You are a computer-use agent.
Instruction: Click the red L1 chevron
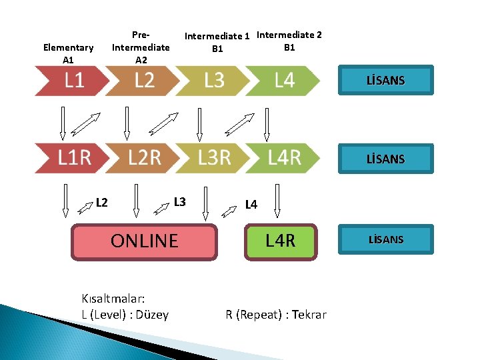click(x=72, y=81)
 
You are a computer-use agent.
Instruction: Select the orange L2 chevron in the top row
click(x=143, y=81)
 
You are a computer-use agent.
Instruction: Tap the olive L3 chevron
click(x=213, y=81)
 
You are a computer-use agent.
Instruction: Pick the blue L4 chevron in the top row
click(x=284, y=81)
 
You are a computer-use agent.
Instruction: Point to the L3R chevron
click(x=214, y=158)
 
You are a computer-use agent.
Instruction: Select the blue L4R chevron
click(x=284, y=158)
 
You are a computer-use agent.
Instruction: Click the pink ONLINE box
click(x=144, y=241)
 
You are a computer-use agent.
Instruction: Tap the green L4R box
click(x=280, y=241)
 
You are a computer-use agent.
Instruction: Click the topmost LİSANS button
click(x=385, y=81)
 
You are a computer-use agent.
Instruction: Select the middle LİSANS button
click(x=385, y=159)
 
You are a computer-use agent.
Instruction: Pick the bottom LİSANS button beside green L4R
click(x=385, y=239)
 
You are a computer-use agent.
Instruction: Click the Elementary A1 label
click(x=68, y=53)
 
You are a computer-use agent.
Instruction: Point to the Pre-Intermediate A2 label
click(x=141, y=47)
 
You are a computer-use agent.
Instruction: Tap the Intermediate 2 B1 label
click(x=289, y=41)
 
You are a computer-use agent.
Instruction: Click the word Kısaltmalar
click(x=113, y=299)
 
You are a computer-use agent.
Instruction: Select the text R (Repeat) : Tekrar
click(x=276, y=315)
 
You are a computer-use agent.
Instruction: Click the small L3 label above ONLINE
click(x=179, y=201)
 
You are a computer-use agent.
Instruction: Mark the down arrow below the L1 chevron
click(x=63, y=125)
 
